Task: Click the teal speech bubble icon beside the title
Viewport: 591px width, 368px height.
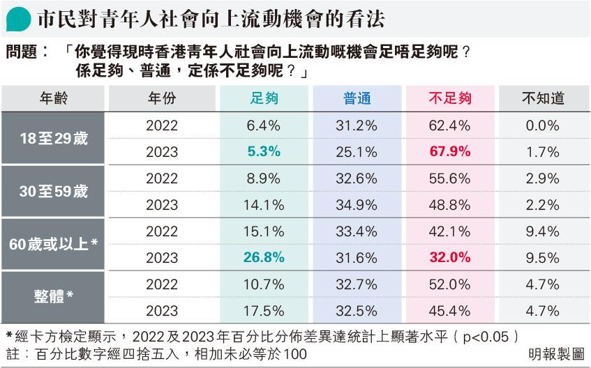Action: tap(19, 20)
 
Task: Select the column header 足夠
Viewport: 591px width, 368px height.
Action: tap(264, 98)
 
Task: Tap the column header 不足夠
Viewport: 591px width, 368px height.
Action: tap(449, 98)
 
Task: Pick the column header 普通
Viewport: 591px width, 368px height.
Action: tap(357, 98)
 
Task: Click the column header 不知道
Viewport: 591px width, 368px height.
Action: tap(543, 98)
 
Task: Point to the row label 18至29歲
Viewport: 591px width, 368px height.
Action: tap(54, 138)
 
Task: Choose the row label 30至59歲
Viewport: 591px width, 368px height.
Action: tap(54, 191)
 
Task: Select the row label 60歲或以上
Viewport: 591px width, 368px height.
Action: tap(54, 244)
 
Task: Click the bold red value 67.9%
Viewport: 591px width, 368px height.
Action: tap(449, 152)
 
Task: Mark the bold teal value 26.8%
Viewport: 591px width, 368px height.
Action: tap(264, 257)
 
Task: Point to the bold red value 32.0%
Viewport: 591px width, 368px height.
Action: tap(449, 257)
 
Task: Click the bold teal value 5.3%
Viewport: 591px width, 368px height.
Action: tap(264, 152)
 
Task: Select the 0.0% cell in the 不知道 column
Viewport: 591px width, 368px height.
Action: tap(543, 125)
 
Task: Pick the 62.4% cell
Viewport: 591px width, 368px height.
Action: tap(449, 125)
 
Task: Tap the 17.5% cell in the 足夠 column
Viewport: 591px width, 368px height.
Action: tap(264, 310)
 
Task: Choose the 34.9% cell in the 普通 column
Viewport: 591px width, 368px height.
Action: tap(357, 204)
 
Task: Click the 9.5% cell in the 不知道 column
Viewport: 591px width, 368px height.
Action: tap(543, 257)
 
